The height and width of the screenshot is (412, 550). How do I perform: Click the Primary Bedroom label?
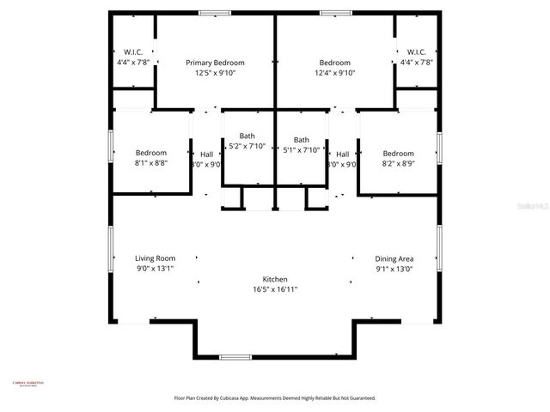coord(216,63)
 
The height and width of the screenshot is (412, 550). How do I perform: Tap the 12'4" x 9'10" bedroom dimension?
coord(334,73)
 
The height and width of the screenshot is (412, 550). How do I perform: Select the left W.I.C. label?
coord(133,51)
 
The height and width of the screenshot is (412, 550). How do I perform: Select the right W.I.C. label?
coord(416,51)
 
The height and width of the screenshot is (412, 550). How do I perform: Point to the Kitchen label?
coord(274,279)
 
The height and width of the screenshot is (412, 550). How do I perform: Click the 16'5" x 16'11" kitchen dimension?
coord(274,289)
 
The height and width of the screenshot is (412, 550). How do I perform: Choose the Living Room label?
coord(155,257)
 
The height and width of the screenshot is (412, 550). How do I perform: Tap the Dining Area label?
coord(394,257)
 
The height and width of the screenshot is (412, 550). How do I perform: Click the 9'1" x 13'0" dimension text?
coord(394,268)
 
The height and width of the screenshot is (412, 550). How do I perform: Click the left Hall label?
coord(206,154)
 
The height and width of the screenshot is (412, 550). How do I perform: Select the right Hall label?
coord(342,154)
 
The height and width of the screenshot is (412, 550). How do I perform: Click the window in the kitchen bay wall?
coord(235,356)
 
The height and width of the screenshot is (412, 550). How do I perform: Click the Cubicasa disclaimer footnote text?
coord(274,398)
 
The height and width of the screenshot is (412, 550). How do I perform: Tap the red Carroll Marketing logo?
coord(27,384)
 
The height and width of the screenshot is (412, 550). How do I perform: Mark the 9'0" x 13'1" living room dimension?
coord(155,268)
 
